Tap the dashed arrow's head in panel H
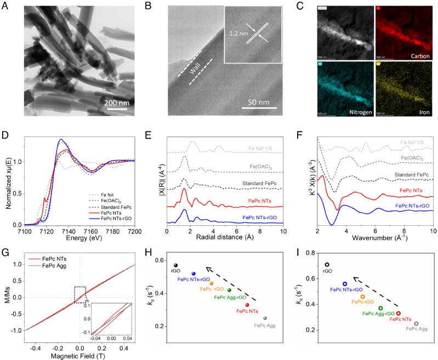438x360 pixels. (207, 268)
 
